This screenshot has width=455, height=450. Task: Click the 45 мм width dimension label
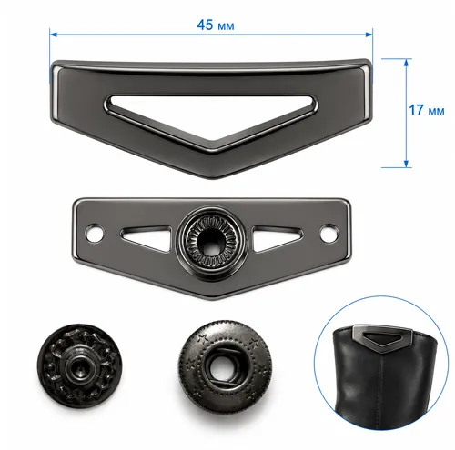pyautogui.click(x=216, y=25)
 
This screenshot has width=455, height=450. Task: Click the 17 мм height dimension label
pyautogui.click(x=427, y=110)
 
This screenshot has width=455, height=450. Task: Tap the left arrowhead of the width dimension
pyautogui.click(x=53, y=35)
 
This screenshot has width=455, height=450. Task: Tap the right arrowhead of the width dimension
pyautogui.click(x=369, y=35)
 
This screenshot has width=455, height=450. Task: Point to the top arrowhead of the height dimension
pyautogui.click(x=406, y=62)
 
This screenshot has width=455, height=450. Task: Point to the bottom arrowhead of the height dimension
pyautogui.click(x=406, y=164)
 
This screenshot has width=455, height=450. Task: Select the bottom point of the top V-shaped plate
pyautogui.click(x=214, y=178)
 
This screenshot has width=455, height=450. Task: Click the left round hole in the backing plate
pyautogui.click(x=95, y=234)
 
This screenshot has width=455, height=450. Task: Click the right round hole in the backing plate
pyautogui.click(x=329, y=234)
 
